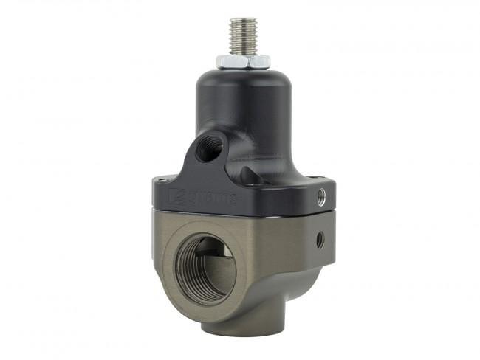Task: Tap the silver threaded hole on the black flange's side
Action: point(321,196)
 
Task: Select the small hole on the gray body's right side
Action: point(319,239)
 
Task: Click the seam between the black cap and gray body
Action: point(244,214)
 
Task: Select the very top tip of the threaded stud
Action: point(243,20)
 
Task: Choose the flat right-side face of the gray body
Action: point(310,251)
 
